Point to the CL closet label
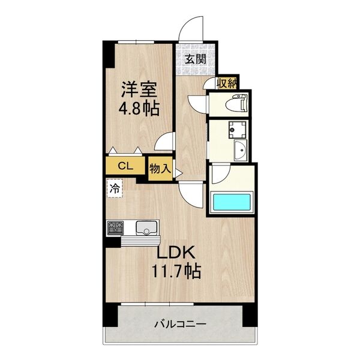coord(125,166)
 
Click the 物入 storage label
coord(160,168)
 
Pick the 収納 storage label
coord(227,83)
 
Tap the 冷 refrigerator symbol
coord(113,188)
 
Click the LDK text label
coord(175,253)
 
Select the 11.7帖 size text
coord(175,271)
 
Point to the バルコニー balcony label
coord(180,324)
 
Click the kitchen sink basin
coord(146,227)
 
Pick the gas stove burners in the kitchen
coord(116,228)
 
